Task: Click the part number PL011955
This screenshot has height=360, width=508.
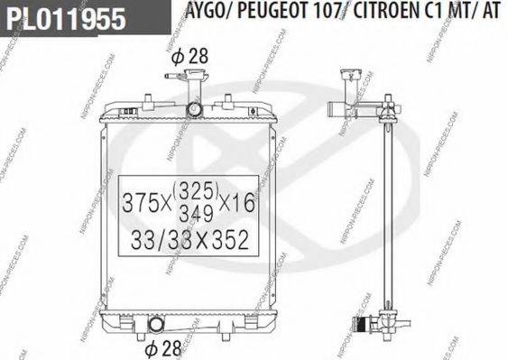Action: [62, 20]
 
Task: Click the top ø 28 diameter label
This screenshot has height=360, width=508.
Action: [190, 56]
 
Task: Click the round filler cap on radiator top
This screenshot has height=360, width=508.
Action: [195, 109]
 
